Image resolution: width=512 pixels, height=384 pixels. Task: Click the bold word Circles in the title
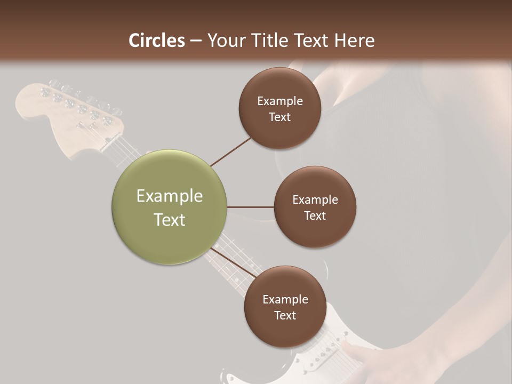(x=157, y=41)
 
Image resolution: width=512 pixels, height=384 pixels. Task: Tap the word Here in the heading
(x=354, y=41)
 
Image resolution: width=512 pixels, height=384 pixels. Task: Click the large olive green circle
(x=169, y=207)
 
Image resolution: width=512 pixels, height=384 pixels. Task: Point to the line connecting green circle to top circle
(x=230, y=152)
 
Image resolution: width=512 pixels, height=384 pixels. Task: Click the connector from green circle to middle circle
(x=250, y=207)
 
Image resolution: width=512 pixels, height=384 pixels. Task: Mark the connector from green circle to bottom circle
(x=233, y=262)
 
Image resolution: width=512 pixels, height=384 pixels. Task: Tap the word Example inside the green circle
(x=169, y=196)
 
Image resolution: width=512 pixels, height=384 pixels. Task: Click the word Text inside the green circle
(x=169, y=220)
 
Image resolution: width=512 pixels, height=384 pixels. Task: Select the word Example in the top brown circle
(x=279, y=101)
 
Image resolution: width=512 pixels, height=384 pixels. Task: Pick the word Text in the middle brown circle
(x=315, y=215)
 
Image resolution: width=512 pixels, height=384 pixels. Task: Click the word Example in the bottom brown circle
(x=285, y=300)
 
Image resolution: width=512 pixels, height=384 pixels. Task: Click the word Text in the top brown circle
(x=279, y=117)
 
